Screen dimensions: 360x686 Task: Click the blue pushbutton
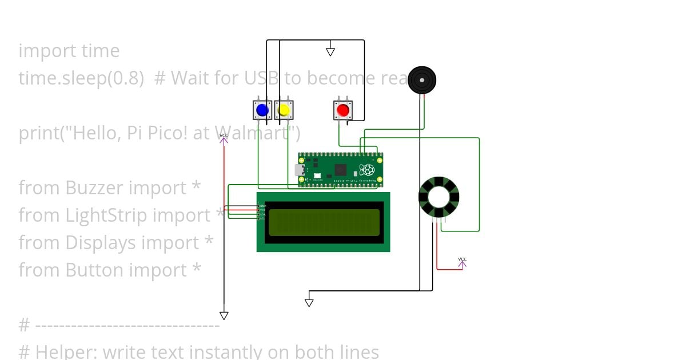(x=262, y=110)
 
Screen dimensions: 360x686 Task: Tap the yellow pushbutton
(x=284, y=110)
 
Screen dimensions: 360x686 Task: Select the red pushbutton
(x=343, y=110)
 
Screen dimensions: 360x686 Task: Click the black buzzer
(x=422, y=80)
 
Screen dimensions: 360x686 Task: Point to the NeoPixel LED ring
(x=438, y=197)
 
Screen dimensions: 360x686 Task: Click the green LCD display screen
(x=324, y=222)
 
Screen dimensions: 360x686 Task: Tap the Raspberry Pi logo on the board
(x=366, y=169)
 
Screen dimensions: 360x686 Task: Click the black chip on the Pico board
(x=341, y=169)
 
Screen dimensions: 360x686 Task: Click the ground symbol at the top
(x=330, y=52)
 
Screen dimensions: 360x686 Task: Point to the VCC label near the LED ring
(x=462, y=259)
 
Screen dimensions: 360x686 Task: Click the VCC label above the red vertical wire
(x=224, y=135)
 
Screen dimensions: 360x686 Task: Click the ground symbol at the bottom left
(x=224, y=315)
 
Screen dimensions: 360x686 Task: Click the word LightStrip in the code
(x=107, y=215)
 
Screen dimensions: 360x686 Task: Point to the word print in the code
(x=39, y=133)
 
